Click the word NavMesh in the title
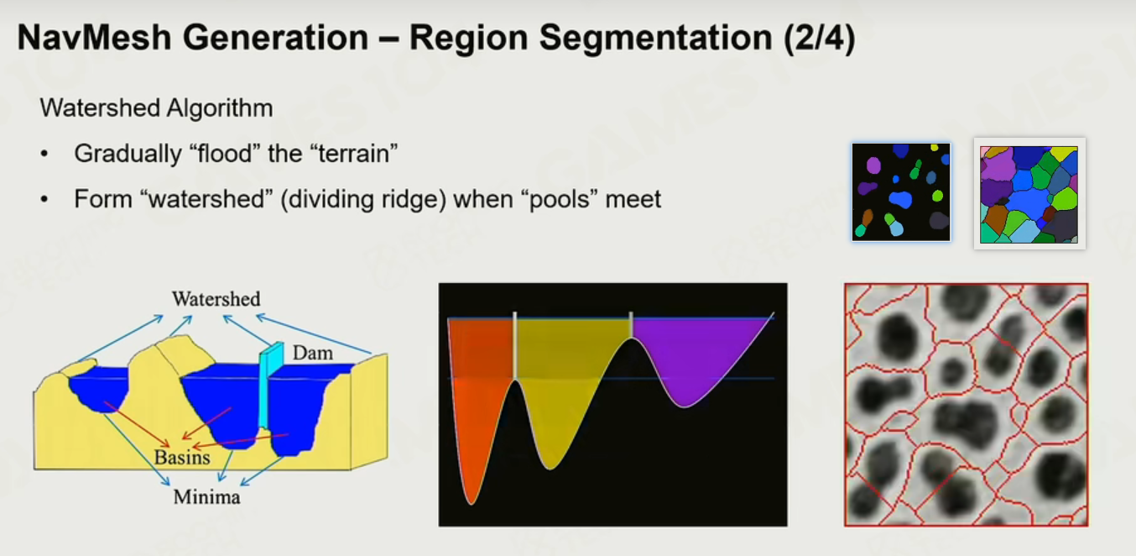click(94, 38)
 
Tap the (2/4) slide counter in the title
click(820, 39)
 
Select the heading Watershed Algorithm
click(156, 108)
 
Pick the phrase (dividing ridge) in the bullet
click(363, 200)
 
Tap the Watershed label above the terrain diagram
click(216, 299)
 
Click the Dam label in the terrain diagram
click(312, 353)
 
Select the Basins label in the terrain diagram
click(182, 458)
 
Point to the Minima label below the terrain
click(207, 496)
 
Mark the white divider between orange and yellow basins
click(515, 346)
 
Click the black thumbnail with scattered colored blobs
click(901, 192)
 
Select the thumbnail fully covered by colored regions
click(1029, 194)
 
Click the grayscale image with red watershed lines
click(967, 405)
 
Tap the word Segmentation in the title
click(655, 39)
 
